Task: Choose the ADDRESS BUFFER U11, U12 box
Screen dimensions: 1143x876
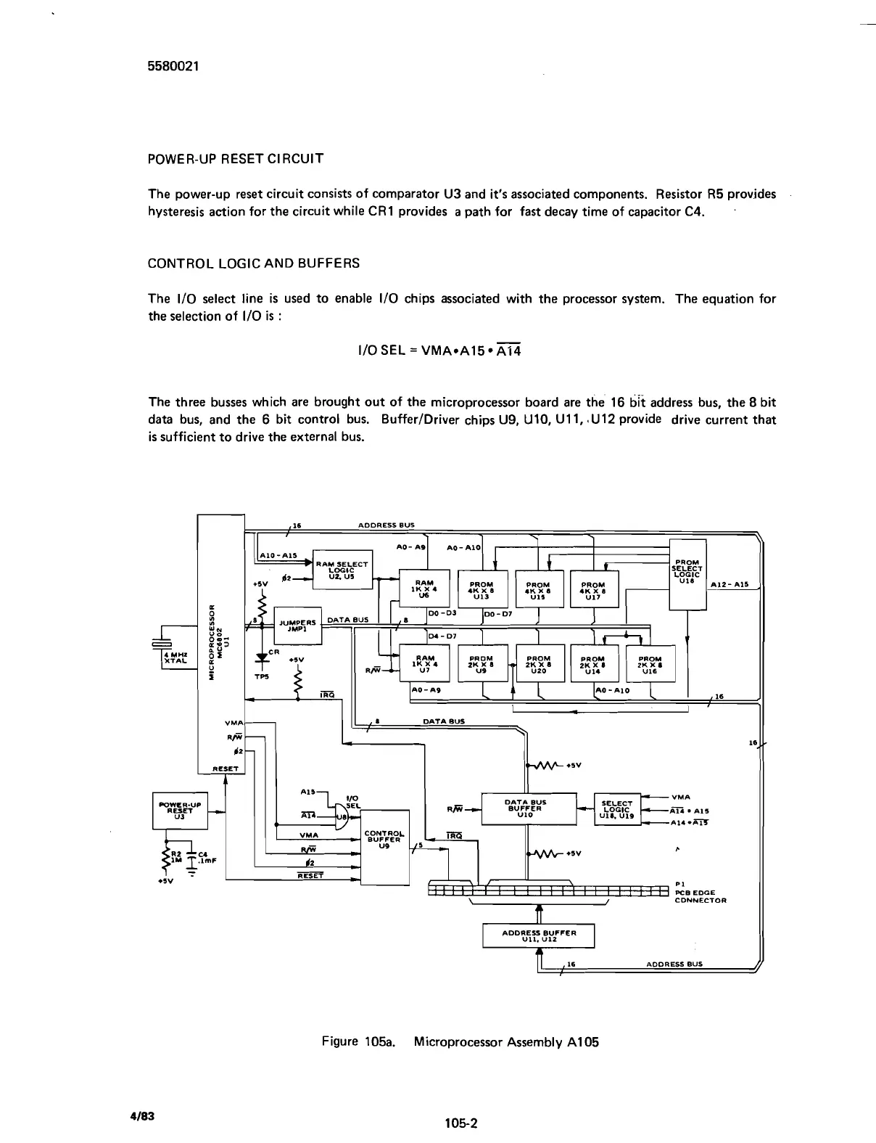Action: (538, 935)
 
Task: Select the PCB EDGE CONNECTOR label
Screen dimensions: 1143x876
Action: (700, 896)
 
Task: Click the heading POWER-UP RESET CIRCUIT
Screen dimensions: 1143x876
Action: (236, 158)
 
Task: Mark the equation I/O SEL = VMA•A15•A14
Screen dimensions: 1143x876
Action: (435, 351)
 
